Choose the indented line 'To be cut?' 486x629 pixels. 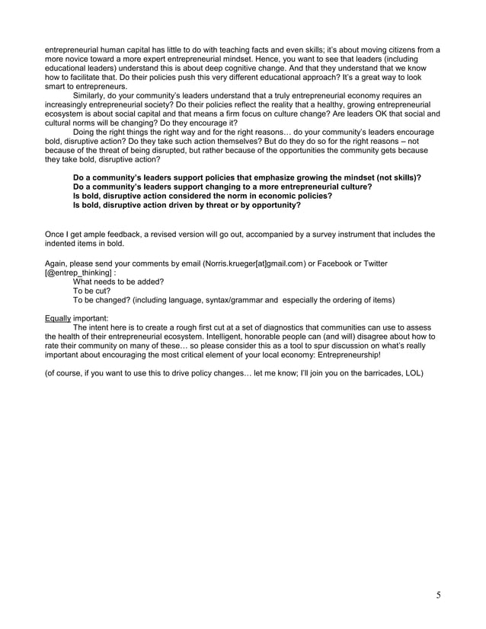click(x=91, y=290)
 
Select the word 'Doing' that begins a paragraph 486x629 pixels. click(x=85, y=132)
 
